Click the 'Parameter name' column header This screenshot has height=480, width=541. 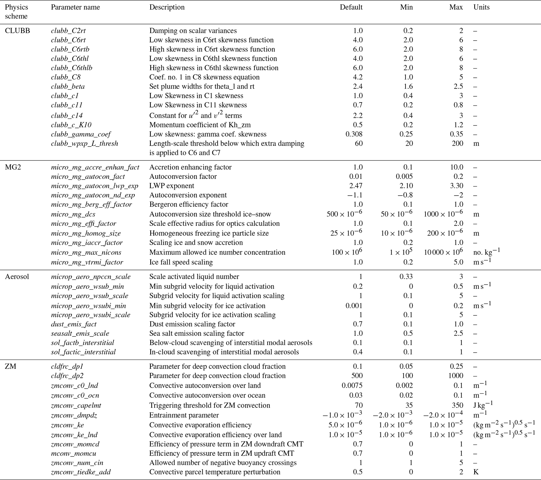click(x=75, y=7)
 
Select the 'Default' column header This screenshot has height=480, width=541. click(x=351, y=7)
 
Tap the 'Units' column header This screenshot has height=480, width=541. click(x=481, y=7)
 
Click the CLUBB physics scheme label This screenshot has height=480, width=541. click(x=18, y=31)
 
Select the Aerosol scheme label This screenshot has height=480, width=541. click(x=17, y=277)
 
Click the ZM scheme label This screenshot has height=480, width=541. click(x=10, y=366)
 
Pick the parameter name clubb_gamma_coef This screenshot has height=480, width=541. click(x=81, y=134)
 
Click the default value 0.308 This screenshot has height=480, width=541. click(x=354, y=134)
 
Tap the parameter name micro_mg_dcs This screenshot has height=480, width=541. click(x=73, y=214)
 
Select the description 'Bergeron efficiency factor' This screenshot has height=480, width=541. click(x=188, y=205)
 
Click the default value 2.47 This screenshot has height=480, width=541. click(x=356, y=186)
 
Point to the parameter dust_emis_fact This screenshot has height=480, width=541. click(x=74, y=324)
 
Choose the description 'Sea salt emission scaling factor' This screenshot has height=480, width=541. click(x=197, y=334)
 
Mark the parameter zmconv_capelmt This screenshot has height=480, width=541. click(x=76, y=405)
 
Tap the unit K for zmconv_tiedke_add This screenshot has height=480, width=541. click(x=476, y=472)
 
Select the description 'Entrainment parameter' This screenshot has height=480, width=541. click(x=184, y=415)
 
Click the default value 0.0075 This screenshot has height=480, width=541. click(x=352, y=385)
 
